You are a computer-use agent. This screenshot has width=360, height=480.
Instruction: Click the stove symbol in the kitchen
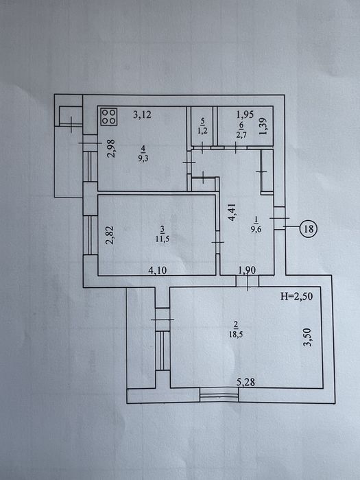pos(109,117)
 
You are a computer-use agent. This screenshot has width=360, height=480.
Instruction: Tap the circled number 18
pos(309,228)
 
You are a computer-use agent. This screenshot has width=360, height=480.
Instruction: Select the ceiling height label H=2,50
pos(297,296)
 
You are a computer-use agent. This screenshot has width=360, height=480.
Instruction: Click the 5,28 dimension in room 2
pos(245,382)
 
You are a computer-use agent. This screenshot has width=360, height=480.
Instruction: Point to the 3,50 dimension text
pos(307,337)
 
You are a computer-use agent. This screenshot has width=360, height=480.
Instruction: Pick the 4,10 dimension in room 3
pos(158,271)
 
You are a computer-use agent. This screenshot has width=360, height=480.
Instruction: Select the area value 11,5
pos(163,239)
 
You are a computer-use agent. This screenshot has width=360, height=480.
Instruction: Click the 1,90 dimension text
pos(247,270)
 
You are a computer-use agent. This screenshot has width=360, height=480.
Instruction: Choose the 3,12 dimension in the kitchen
pos(143,115)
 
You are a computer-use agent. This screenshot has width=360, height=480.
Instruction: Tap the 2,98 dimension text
pos(111,149)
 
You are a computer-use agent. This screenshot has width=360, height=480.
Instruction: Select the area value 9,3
pos(143,159)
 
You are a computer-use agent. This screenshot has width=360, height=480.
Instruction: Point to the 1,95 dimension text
pos(245,115)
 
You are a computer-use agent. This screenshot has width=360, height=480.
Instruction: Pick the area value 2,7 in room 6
pos(241,134)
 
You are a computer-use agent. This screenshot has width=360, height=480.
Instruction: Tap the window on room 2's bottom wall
pos(219,395)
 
